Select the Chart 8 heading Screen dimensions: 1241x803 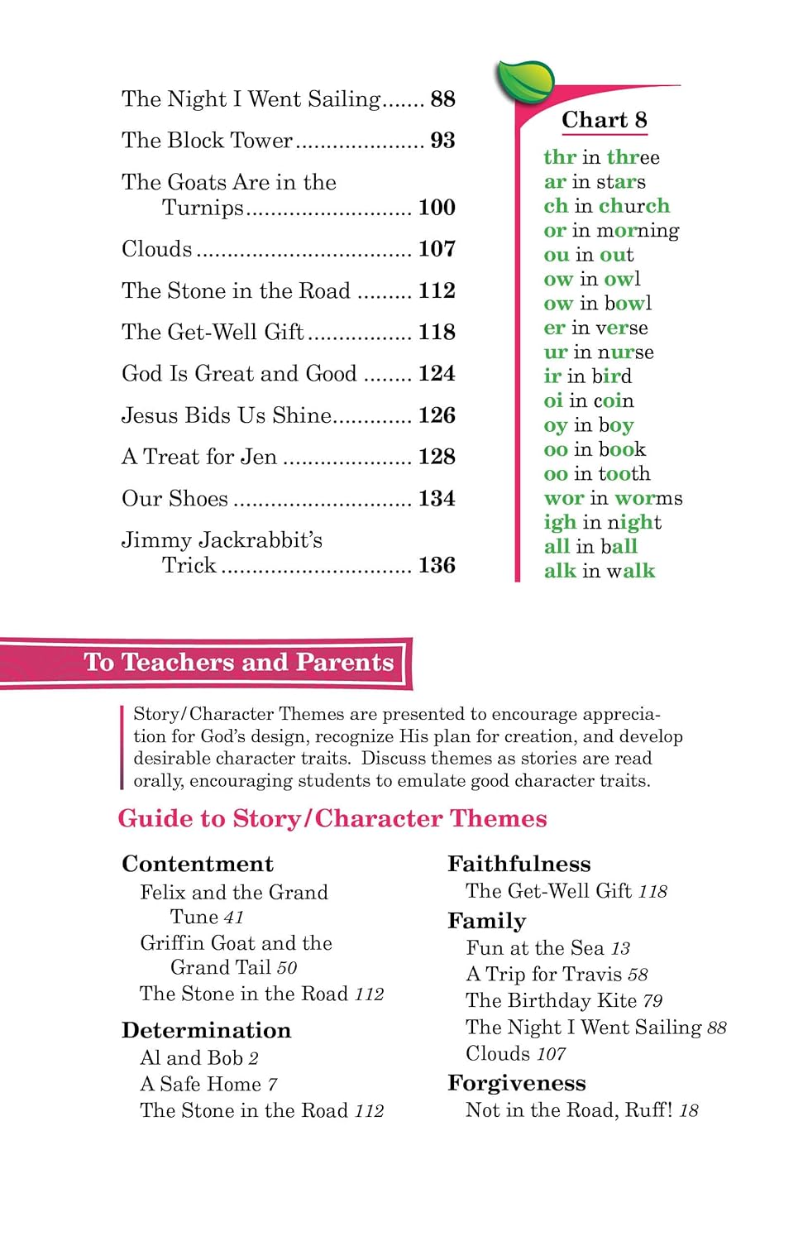pyautogui.click(x=604, y=120)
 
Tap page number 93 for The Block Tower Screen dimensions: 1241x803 pyautogui.click(x=442, y=141)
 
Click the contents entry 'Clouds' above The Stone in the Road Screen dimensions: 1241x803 pyautogui.click(x=157, y=249)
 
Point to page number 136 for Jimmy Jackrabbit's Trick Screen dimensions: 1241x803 pyautogui.click(x=437, y=566)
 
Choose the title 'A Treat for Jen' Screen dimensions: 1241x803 pyautogui.click(x=199, y=457)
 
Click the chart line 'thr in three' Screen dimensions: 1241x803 pyautogui.click(x=601, y=157)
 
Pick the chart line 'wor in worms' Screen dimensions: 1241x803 pyautogui.click(x=613, y=498)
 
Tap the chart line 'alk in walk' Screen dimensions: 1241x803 pyautogui.click(x=599, y=571)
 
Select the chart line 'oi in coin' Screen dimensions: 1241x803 pyautogui.click(x=589, y=400)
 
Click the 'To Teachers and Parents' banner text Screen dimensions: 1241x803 pyautogui.click(x=238, y=663)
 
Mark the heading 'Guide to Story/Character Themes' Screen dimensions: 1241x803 pyautogui.click(x=332, y=818)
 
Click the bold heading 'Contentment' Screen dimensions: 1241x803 pyautogui.click(x=198, y=864)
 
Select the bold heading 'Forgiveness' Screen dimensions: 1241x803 pyautogui.click(x=517, y=1083)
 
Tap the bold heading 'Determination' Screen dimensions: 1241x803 pyautogui.click(x=207, y=1030)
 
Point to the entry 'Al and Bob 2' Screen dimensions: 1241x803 pyautogui.click(x=199, y=1058)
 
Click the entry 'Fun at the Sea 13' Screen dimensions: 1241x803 pyautogui.click(x=547, y=948)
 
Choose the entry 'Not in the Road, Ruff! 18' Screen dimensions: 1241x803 pyautogui.click(x=581, y=1110)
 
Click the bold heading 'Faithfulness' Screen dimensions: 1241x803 pyautogui.click(x=519, y=864)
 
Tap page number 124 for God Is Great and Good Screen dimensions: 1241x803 pyautogui.click(x=437, y=374)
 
